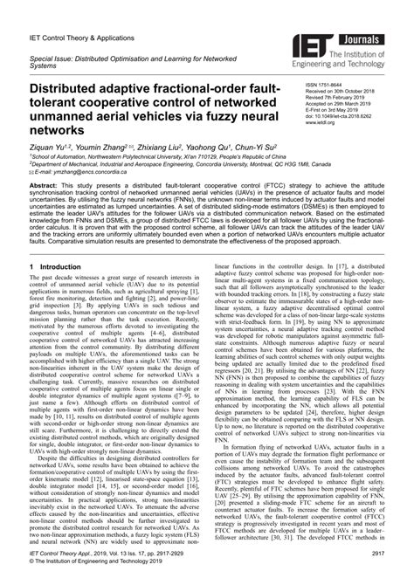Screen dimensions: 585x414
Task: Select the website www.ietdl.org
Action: (320, 123)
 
